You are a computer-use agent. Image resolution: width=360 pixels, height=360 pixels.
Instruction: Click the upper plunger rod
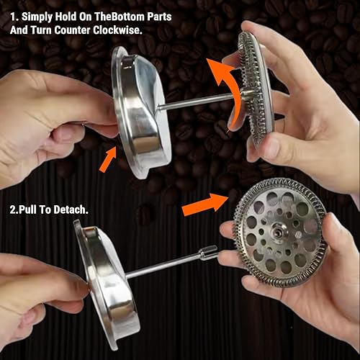click(202, 99)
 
